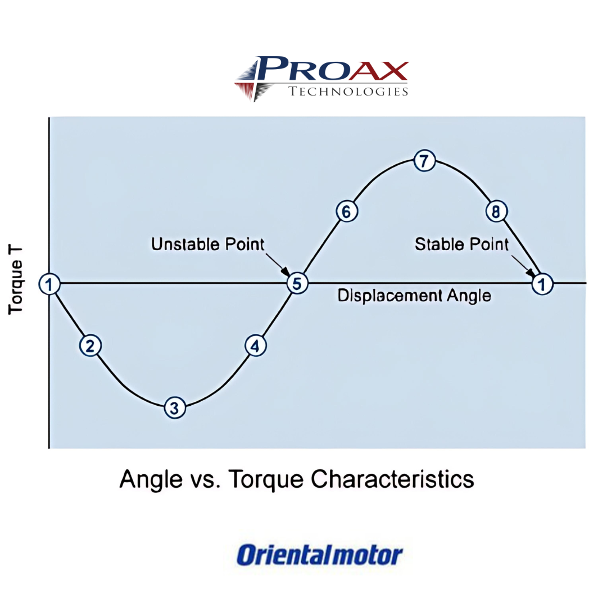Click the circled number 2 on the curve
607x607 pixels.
coord(90,346)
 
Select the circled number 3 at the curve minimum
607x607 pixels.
coord(175,407)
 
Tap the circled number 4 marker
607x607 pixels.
coord(256,346)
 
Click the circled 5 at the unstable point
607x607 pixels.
coord(297,283)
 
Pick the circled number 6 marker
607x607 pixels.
coord(346,211)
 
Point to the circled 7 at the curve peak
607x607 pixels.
coord(424,160)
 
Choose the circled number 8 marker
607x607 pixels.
coord(496,211)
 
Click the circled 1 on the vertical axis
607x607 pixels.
coord(49,284)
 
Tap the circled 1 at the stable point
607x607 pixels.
coord(542,284)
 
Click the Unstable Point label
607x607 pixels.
coord(208,244)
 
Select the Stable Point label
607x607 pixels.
coord(462,244)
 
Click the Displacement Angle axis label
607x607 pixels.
coord(414,296)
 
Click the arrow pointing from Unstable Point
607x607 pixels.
coord(278,265)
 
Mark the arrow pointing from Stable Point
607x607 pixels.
coord(524,266)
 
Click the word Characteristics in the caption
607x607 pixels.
coord(392,479)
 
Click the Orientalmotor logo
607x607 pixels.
coord(319,555)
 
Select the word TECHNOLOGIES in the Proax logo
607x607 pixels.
coord(348,92)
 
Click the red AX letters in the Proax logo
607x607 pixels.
coord(378,71)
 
